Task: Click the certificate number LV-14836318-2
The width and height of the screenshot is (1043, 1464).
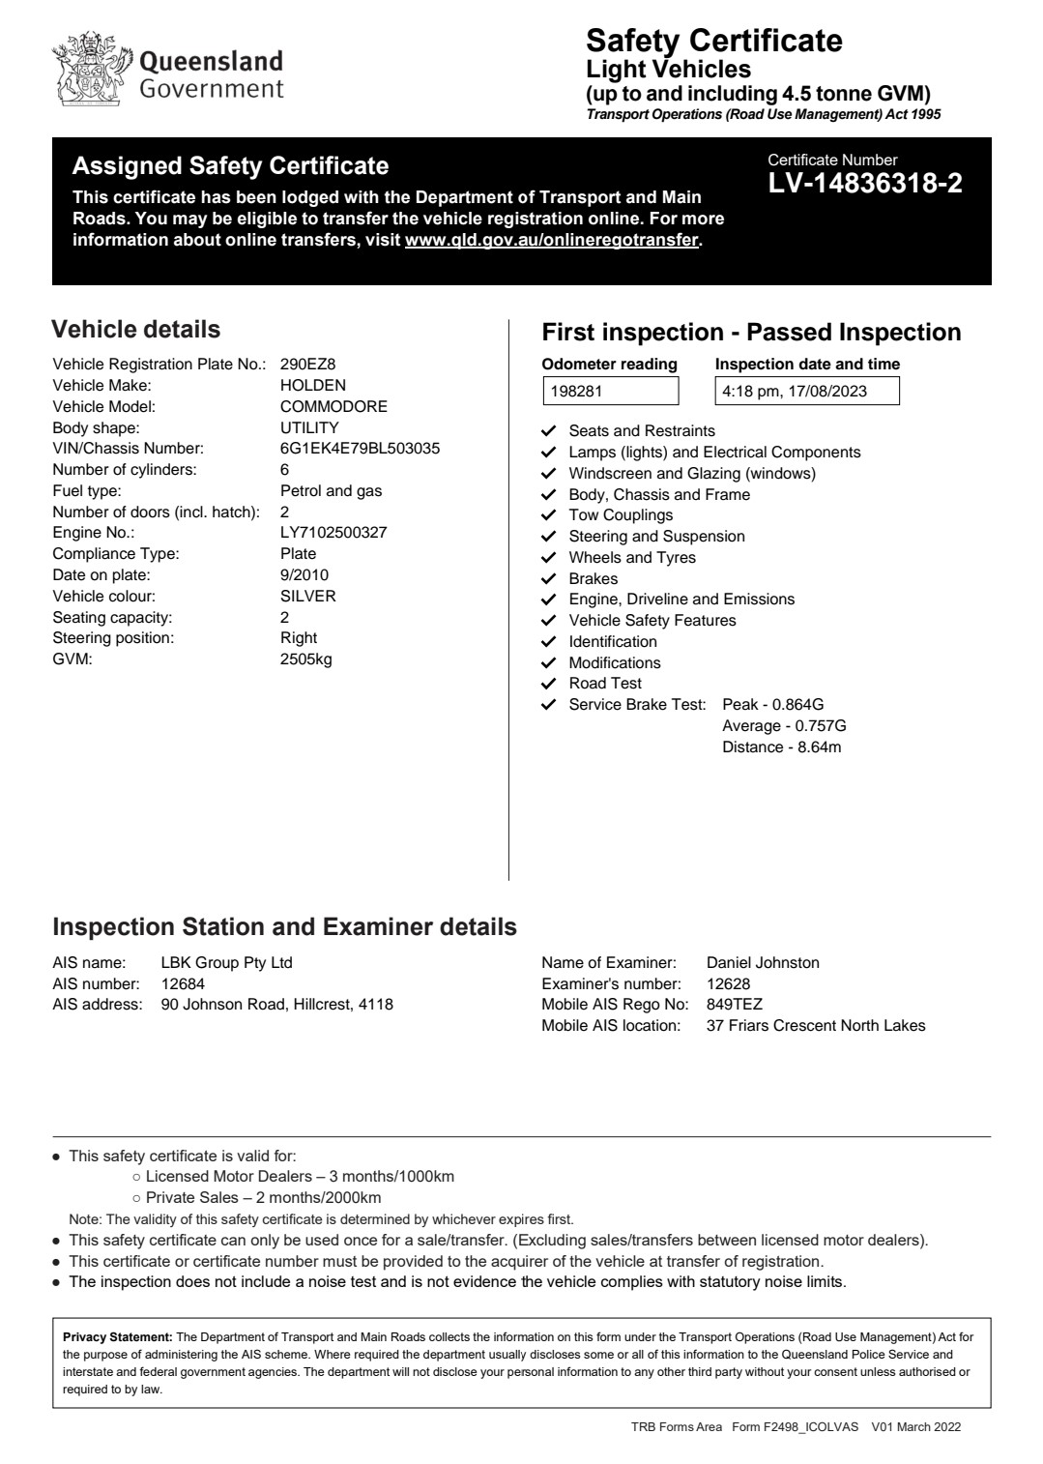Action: [x=865, y=184]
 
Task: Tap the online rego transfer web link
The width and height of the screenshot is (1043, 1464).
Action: [x=551, y=240]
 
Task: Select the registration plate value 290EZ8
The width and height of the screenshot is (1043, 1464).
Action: [x=307, y=365]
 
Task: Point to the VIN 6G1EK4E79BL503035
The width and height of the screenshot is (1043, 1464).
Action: [x=360, y=449]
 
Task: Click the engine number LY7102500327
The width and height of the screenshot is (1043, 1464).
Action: [x=333, y=533]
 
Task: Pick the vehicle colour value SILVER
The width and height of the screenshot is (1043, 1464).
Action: [x=308, y=597]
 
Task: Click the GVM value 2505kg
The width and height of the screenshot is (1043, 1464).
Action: [x=305, y=659]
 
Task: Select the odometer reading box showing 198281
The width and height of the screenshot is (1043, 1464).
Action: [x=610, y=392]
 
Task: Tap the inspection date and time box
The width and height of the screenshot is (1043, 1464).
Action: [x=806, y=392]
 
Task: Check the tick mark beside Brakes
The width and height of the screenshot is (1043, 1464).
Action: [x=549, y=579]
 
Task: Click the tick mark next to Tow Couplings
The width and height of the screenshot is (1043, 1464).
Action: [x=549, y=515]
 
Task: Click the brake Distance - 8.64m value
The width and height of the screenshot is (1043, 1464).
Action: [x=781, y=747]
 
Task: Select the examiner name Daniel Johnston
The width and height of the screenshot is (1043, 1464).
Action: [x=763, y=963]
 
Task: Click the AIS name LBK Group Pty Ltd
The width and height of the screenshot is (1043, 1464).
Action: [x=226, y=963]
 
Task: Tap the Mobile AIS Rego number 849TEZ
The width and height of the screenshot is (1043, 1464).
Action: [x=735, y=1005]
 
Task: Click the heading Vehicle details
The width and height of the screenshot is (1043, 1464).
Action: [x=135, y=330]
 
